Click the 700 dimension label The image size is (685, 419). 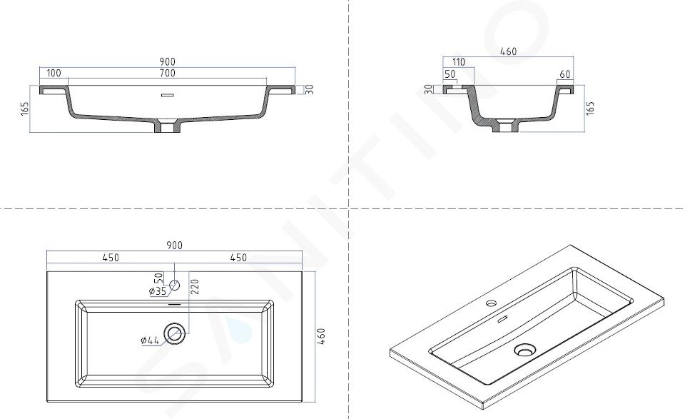[x=167, y=73]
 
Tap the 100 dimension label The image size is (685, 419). [x=54, y=73]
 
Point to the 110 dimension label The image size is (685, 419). [x=458, y=63]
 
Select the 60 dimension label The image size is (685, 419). [x=565, y=74]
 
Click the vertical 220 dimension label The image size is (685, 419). [x=195, y=287]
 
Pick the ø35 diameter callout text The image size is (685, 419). [x=157, y=291]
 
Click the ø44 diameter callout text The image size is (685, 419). [x=150, y=340]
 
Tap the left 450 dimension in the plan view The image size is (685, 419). [x=111, y=258]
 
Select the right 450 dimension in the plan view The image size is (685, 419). [x=238, y=258]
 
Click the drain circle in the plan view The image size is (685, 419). [x=176, y=334]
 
